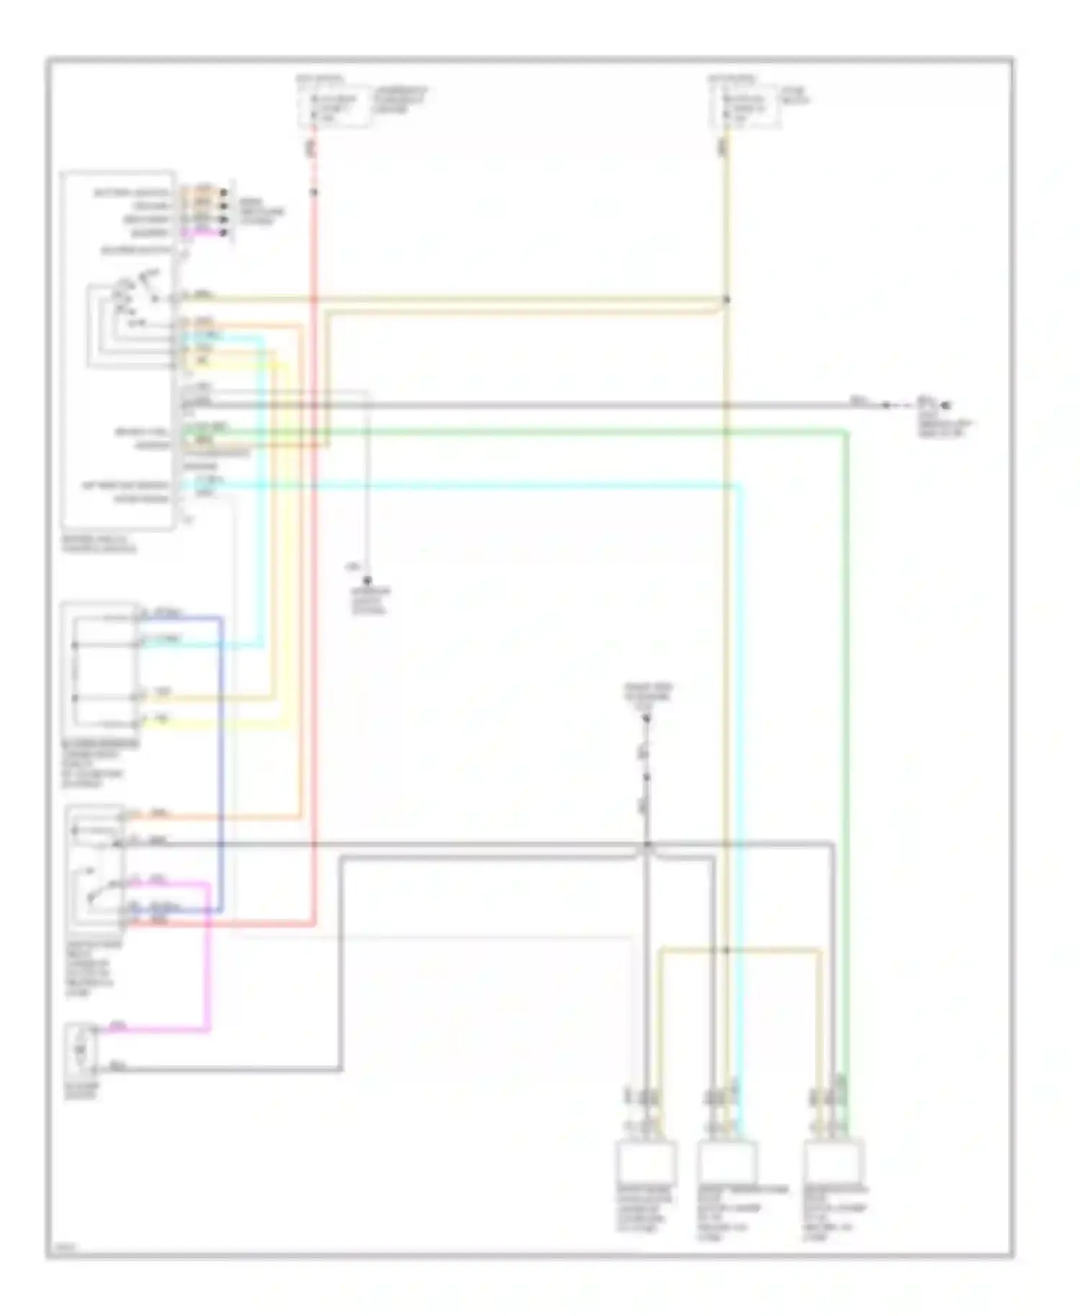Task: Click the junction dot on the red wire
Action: click(314, 192)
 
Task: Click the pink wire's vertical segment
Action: click(209, 957)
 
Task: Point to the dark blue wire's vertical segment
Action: click(221, 763)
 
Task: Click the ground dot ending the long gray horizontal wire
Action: click(948, 406)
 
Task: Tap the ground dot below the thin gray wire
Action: click(366, 580)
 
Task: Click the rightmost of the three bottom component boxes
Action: click(834, 1160)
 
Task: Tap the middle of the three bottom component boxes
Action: click(728, 1160)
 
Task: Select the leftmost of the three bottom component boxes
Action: click(646, 1160)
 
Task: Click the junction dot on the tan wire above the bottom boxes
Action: click(726, 950)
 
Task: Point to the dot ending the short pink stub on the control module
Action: click(224, 233)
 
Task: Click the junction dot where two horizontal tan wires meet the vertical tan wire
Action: click(726, 299)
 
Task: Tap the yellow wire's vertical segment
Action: click(287, 547)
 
